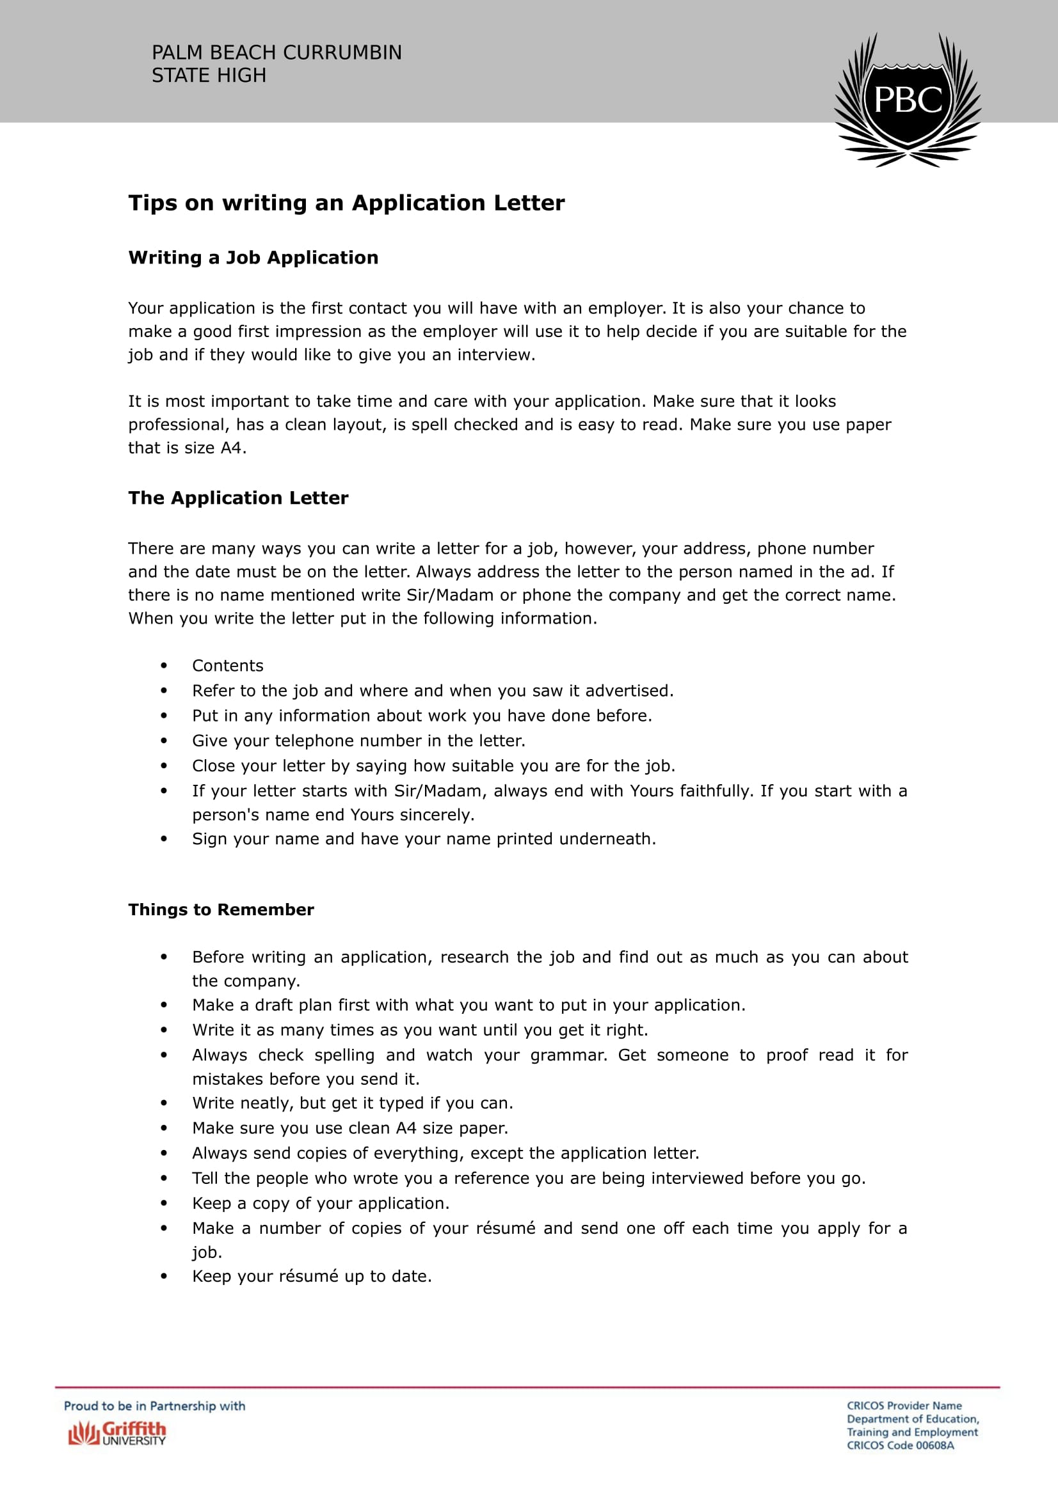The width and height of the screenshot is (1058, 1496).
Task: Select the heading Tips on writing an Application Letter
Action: pyautogui.click(x=346, y=203)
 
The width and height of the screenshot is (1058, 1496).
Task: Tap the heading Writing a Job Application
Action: pyautogui.click(x=253, y=258)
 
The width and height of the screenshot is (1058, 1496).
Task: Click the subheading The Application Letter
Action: pyautogui.click(x=238, y=498)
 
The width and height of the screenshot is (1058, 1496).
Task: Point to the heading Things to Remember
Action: pyautogui.click(x=221, y=909)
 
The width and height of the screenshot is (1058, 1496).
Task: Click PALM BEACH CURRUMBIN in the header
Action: pyautogui.click(x=277, y=53)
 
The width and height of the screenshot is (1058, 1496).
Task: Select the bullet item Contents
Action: pyautogui.click(x=227, y=666)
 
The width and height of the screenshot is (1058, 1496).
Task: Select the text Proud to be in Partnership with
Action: pyautogui.click(x=154, y=1406)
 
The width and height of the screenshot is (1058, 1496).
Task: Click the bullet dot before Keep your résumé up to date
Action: pyautogui.click(x=164, y=1277)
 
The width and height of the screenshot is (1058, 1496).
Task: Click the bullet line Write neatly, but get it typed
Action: pyautogui.click(x=352, y=1103)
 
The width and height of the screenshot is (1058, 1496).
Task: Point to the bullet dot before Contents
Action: pyautogui.click(x=164, y=666)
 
